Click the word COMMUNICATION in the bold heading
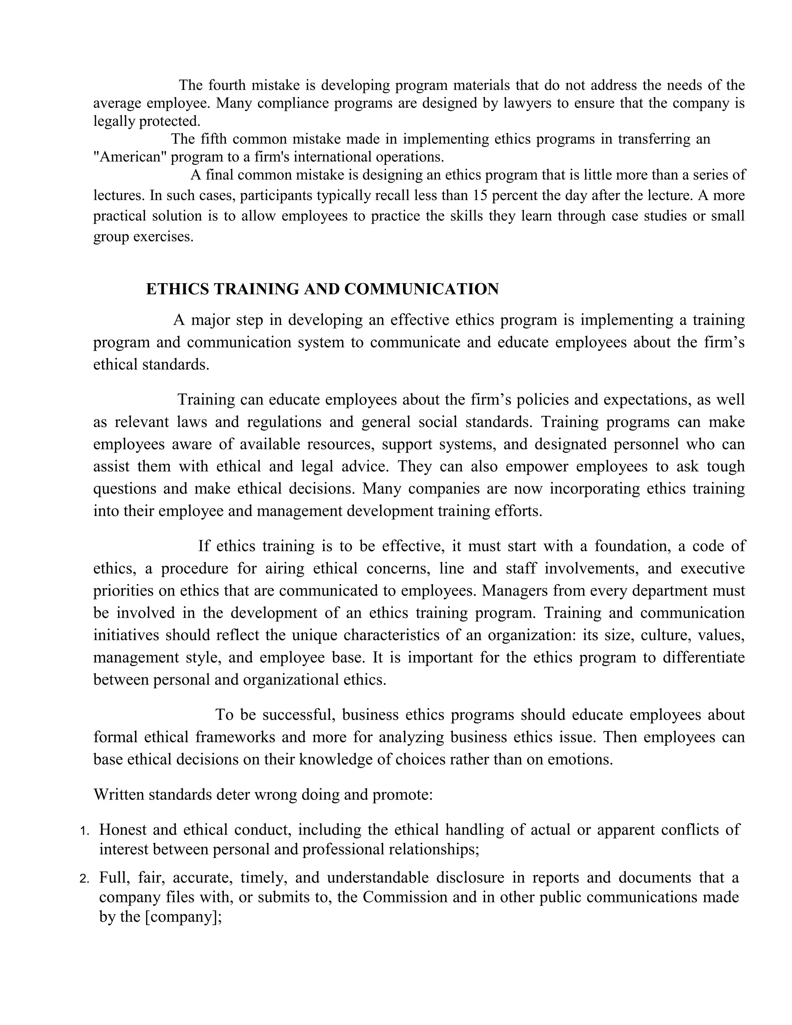[x=422, y=289]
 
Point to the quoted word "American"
[x=130, y=156]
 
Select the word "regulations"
[x=284, y=422]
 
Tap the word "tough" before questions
[x=726, y=466]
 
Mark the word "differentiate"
[x=704, y=657]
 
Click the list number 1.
[x=84, y=831]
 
